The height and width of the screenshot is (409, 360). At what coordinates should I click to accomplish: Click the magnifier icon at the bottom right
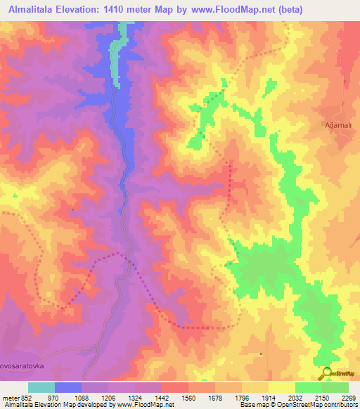pyautogui.click(x=326, y=373)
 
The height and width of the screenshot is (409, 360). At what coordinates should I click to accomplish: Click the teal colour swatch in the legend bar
pyautogui.click(x=41, y=387)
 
